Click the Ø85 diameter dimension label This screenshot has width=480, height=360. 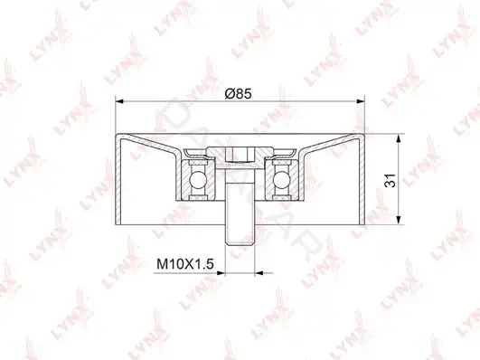pos(238,93)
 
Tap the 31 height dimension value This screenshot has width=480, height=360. pos(391,180)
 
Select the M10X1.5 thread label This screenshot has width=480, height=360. pos(185,264)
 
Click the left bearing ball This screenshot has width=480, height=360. pos(196,179)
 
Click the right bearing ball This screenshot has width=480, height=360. pos(282,179)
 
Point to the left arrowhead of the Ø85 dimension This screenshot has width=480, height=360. pos(119,101)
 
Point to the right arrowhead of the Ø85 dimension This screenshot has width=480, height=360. pos(361,101)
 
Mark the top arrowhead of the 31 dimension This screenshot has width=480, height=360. pos(399,138)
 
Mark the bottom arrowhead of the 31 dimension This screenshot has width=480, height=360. pos(399,221)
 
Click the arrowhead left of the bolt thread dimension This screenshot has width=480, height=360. pos(221,272)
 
